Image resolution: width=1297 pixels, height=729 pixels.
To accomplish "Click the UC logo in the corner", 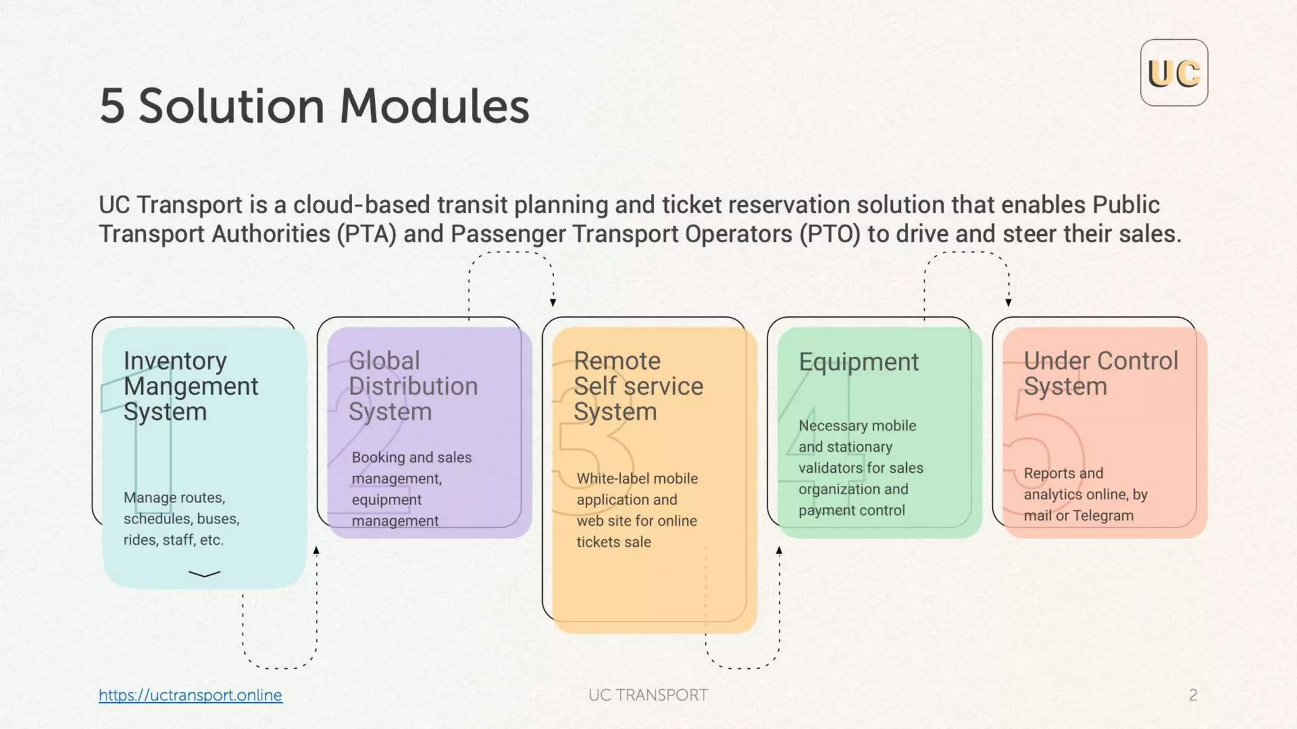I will (x=1174, y=73).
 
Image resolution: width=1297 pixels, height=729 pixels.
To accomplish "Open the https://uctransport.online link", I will (x=190, y=695).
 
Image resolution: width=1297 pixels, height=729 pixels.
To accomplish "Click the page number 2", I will (x=1193, y=695).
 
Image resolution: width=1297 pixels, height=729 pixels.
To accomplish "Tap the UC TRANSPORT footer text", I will (x=648, y=695).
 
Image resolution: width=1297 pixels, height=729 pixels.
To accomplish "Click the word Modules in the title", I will (x=434, y=106).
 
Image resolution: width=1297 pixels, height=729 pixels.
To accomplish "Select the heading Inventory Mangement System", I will (x=190, y=386).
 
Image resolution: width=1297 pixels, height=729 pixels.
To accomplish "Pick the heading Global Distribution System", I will (x=413, y=386).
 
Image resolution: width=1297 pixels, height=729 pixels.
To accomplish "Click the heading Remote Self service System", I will (x=638, y=386).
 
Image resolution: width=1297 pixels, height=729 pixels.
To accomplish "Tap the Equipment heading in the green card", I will (x=858, y=362).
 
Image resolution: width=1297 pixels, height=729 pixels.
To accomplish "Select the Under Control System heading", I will (x=1101, y=373).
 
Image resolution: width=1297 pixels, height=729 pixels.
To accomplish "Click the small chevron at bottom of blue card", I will (x=205, y=574).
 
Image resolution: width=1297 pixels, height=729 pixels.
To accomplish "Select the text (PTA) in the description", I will (x=366, y=234).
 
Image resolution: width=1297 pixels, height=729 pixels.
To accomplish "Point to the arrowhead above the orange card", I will (x=553, y=302).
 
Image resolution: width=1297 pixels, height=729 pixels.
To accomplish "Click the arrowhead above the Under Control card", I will (x=1008, y=302).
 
